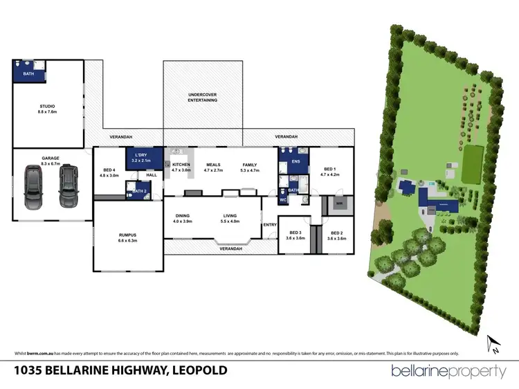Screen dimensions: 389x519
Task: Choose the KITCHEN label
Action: tap(181, 165)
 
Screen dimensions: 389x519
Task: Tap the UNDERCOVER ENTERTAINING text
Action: tap(203, 97)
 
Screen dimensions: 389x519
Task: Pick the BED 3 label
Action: tap(295, 233)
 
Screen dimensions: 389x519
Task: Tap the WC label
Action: tap(283, 200)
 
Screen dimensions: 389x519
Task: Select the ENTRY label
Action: tap(269, 224)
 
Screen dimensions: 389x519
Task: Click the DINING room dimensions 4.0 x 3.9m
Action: tap(182, 221)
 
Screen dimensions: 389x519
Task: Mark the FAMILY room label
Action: tap(249, 165)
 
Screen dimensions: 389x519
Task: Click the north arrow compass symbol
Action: tap(493, 342)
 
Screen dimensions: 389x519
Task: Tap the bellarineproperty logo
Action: tap(448, 371)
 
